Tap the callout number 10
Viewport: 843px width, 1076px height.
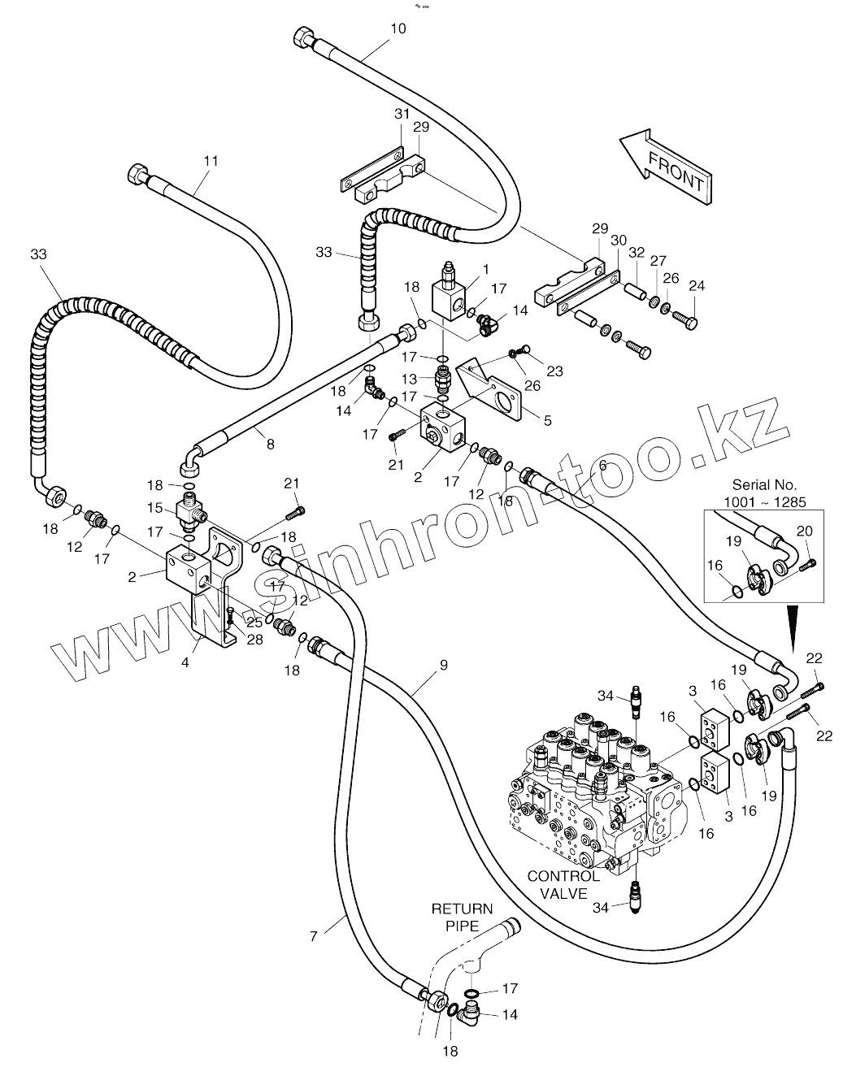pyautogui.click(x=398, y=28)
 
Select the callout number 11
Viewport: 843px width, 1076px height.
pyautogui.click(x=211, y=161)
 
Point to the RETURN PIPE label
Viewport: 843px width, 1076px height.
pyautogui.click(x=462, y=917)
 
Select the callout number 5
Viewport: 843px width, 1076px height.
pyautogui.click(x=547, y=420)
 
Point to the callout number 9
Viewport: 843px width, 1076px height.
pyautogui.click(x=443, y=665)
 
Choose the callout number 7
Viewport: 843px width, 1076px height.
pyautogui.click(x=314, y=936)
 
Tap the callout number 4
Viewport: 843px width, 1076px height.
pyautogui.click(x=185, y=662)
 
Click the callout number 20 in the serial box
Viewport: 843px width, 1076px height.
pyautogui.click(x=804, y=531)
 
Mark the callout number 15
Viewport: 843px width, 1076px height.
pyautogui.click(x=155, y=507)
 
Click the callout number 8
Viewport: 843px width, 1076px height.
pyautogui.click(x=270, y=444)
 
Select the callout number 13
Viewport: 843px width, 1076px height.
pyautogui.click(x=408, y=379)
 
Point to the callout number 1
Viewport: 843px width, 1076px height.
pyautogui.click(x=485, y=269)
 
